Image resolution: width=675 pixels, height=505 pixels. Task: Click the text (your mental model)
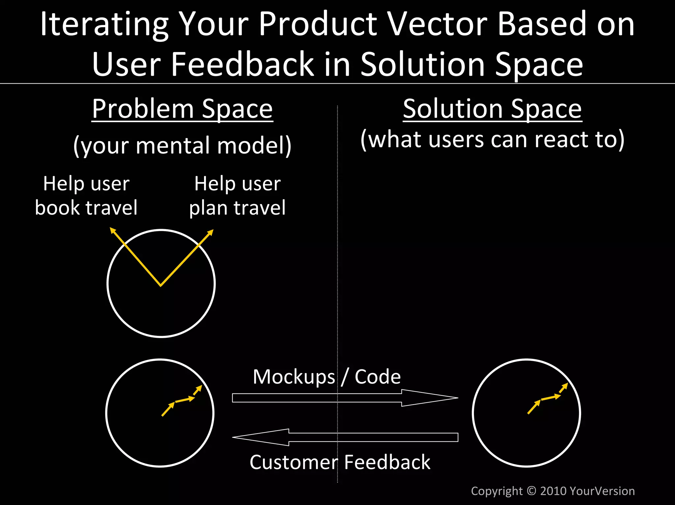pos(182,145)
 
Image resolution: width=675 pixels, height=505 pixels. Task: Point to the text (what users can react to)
pos(492,139)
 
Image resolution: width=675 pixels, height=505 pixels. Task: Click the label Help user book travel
pos(86,196)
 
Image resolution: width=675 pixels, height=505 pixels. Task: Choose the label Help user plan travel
pos(237,196)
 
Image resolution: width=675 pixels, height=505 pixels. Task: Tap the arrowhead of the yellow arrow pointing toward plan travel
pos(211,232)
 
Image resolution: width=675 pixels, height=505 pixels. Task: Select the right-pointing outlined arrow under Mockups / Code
pos(345,398)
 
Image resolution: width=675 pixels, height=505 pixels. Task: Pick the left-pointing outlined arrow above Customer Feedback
pos(345,437)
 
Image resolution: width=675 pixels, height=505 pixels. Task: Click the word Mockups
pos(293,377)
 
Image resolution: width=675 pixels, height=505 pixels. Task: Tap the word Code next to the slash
pos(378,377)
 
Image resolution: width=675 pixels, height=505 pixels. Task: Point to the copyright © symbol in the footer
pos(531,491)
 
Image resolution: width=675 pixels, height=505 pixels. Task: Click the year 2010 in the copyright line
pos(553,491)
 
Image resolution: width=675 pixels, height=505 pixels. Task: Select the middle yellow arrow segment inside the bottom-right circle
pos(550,398)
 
